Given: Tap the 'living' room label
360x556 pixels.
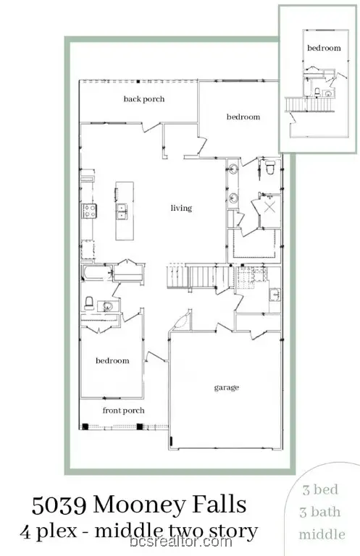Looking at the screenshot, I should pos(181,208).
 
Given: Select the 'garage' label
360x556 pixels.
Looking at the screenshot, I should pos(226,387).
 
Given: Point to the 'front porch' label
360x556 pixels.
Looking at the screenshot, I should pos(122,410).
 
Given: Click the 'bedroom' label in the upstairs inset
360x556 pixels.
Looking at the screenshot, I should pos(324,48).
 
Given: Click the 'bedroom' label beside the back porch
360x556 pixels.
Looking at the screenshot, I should pos(243,117).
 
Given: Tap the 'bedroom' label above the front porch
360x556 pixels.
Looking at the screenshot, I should pos(112,361).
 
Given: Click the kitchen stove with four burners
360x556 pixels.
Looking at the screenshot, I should pos(89,211).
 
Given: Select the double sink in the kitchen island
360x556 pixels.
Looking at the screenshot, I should pos(122,211).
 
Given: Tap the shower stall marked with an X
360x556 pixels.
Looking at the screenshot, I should pos(269,208).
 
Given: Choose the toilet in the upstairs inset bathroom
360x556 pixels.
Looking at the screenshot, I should pos(317,91).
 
